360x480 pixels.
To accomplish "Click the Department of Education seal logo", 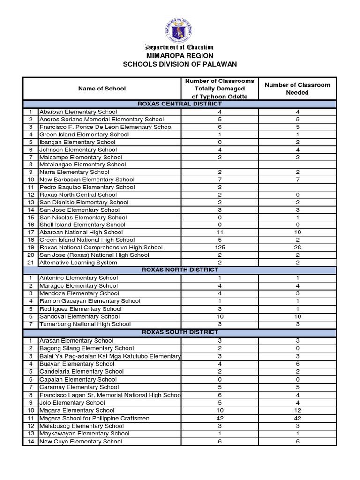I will (180, 30).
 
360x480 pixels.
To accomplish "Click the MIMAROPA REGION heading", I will (180, 55).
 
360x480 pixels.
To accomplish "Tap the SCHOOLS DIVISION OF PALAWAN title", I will (180, 64).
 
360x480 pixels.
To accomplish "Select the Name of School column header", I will (102, 89).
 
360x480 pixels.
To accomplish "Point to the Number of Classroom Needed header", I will (297, 89).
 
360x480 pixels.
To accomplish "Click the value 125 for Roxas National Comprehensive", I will (220, 247).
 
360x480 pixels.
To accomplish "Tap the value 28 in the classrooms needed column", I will (297, 247).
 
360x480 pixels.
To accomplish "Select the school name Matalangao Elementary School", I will (82, 165).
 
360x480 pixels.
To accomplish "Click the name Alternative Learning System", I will (78, 262).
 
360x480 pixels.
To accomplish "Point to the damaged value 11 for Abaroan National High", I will (220, 232).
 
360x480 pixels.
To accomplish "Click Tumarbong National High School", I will (85, 324).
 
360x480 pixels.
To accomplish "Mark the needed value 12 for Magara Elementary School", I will (297, 411).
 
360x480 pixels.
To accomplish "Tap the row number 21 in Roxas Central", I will (30, 262).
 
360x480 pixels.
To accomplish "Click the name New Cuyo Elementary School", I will (81, 442).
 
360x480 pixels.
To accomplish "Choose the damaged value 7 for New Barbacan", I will (220, 180).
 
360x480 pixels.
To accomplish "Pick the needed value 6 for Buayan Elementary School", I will (297, 364).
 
